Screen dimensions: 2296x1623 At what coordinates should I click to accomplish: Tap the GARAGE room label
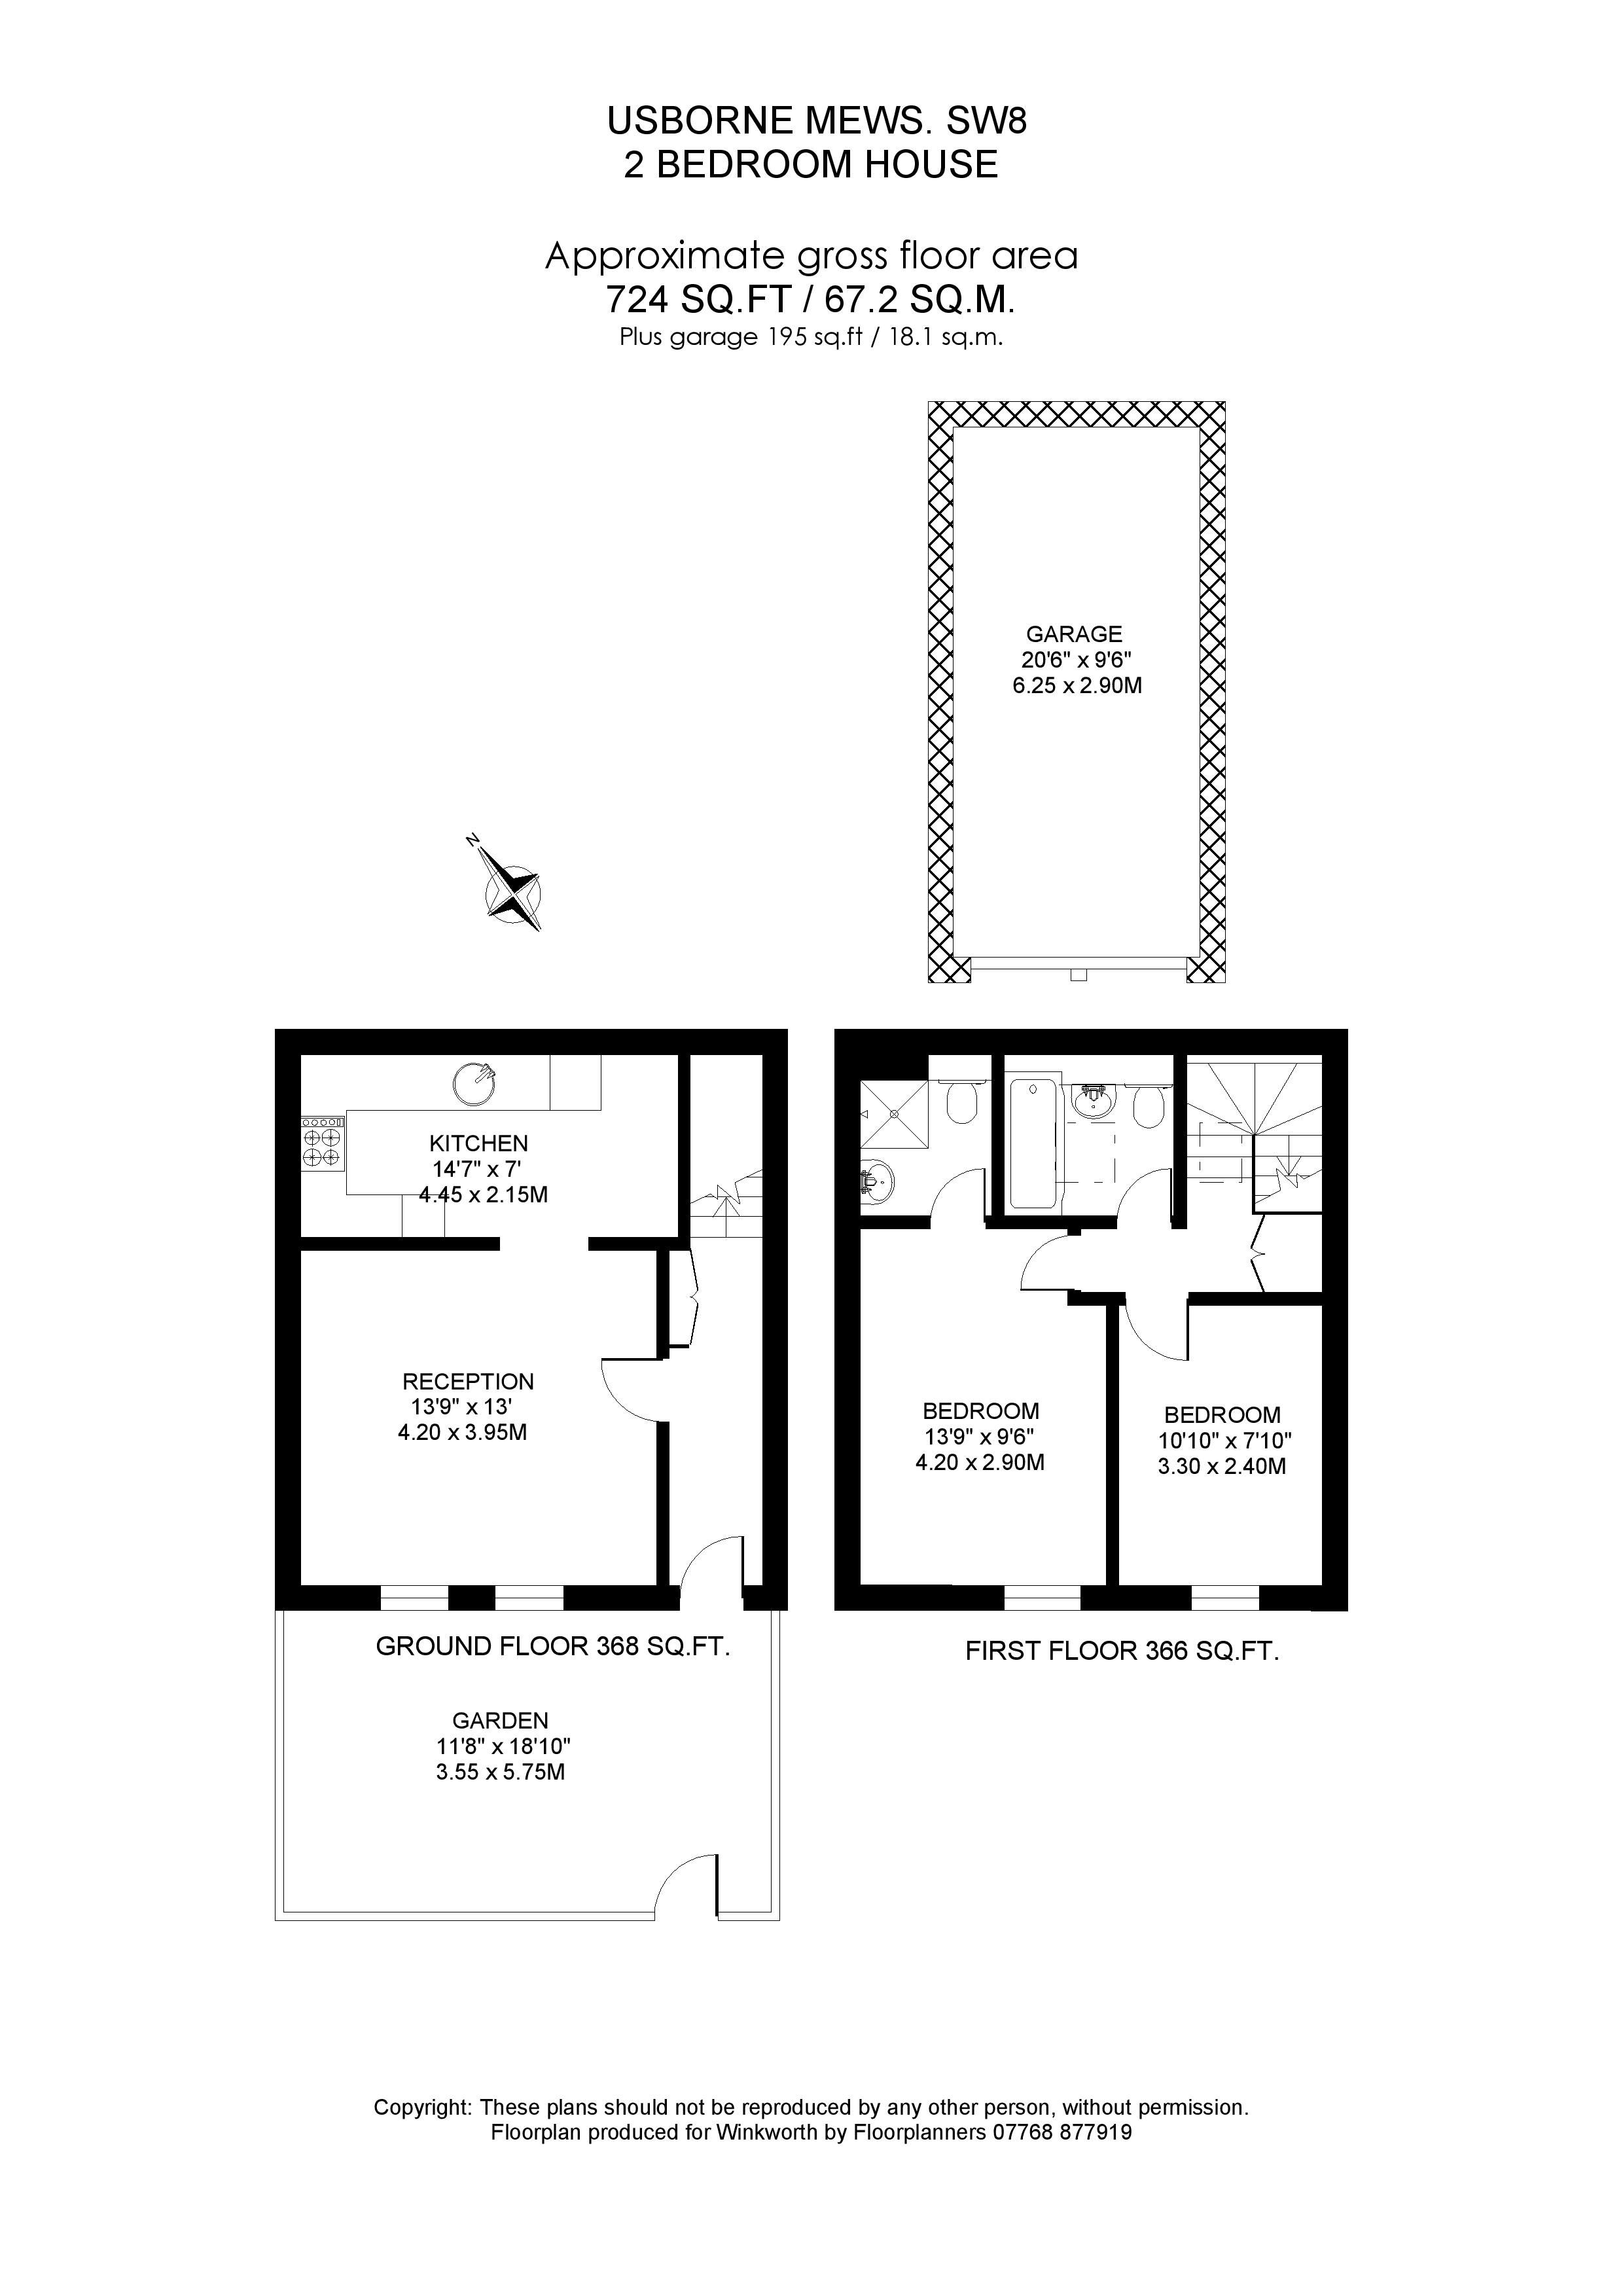1074,634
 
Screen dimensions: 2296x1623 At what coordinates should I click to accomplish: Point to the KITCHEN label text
478,1143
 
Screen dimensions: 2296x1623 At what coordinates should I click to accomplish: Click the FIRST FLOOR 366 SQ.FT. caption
1122,1651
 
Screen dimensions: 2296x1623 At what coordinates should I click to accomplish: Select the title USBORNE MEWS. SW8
817,121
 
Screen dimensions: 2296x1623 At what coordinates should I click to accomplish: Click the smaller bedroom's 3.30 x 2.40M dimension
1222,1467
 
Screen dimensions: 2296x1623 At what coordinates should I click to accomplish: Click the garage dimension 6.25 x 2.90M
1077,686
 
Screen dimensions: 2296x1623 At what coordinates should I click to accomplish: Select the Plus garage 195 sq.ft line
811,337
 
